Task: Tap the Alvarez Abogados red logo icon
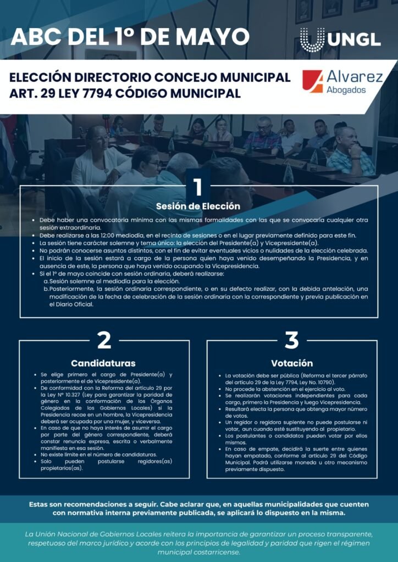tap(312, 81)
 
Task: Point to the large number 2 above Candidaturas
tap(104, 340)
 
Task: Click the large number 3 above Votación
tap(291, 340)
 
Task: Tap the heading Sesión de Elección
tap(198, 206)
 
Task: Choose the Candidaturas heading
tap(103, 363)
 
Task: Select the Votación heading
tap(292, 363)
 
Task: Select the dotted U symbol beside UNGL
tap(312, 40)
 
